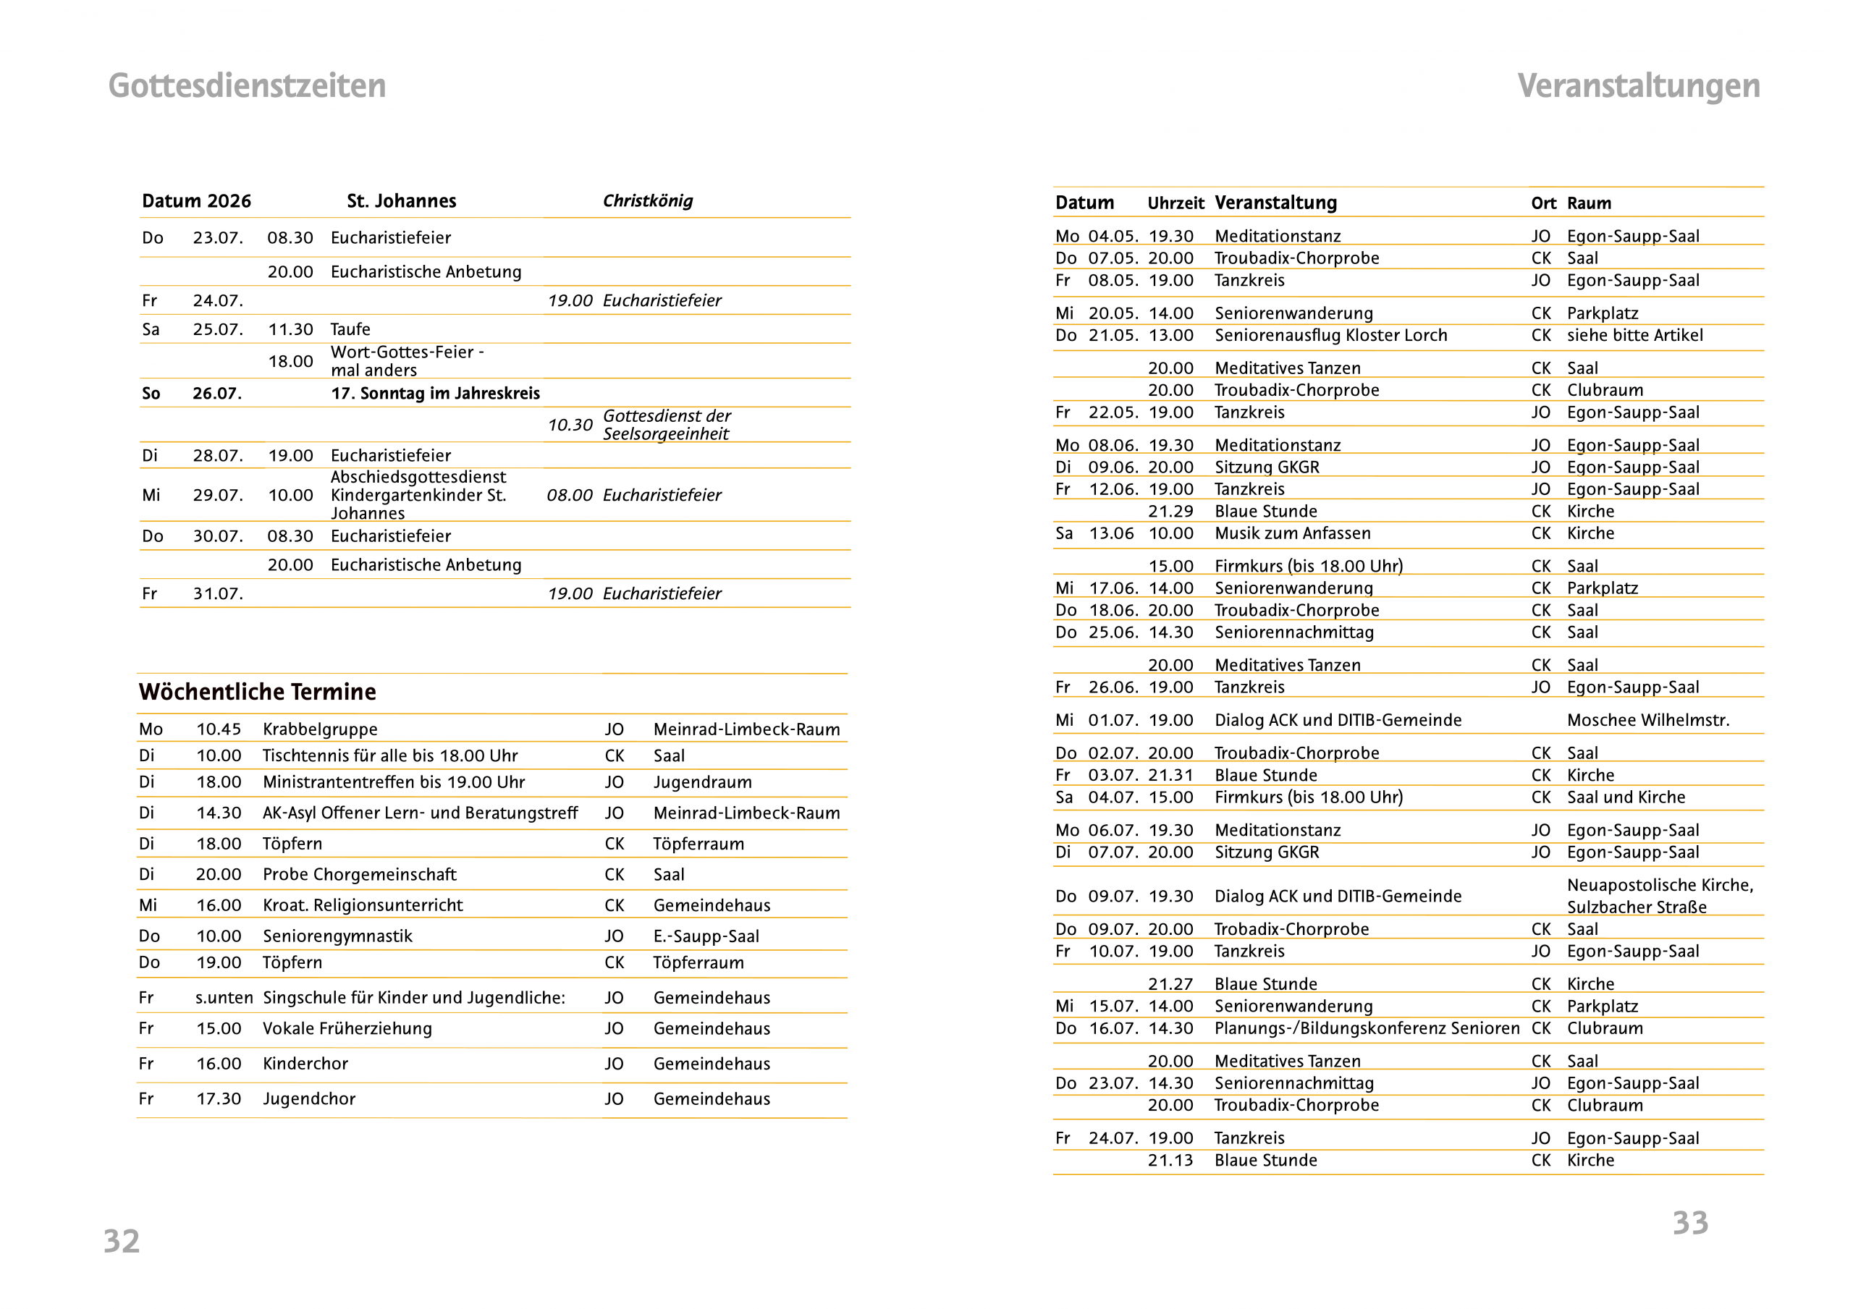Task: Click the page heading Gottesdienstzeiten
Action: coord(247,85)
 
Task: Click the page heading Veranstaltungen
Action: coord(1637,85)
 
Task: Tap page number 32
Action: coord(122,1240)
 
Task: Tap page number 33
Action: coord(1690,1223)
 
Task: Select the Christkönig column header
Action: coord(647,201)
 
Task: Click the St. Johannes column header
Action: coord(401,201)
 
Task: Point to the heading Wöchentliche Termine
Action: coord(258,692)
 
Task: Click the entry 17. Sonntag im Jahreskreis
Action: coord(435,393)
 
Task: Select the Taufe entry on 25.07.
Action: coord(350,329)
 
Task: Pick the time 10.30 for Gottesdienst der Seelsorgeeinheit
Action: coord(570,425)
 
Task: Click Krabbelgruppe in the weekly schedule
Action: coord(321,729)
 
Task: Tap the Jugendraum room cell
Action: coord(702,782)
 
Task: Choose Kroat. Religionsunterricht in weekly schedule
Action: coord(363,905)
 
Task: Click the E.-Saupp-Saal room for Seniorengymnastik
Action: coord(706,936)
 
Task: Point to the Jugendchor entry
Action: coord(309,1098)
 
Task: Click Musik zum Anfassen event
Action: coord(1292,533)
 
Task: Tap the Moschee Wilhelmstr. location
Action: coord(1648,720)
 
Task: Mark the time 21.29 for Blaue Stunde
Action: coord(1170,511)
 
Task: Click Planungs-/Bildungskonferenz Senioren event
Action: coord(1367,1028)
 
